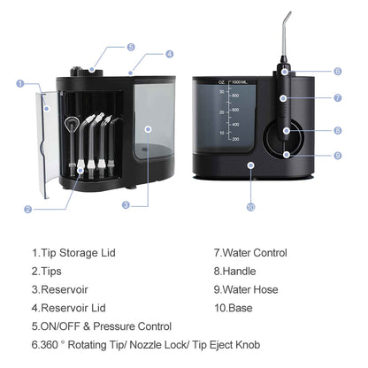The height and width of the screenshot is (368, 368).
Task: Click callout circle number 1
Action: pyautogui.click(x=20, y=83)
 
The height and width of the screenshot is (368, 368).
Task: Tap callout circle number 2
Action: pyautogui.click(x=28, y=210)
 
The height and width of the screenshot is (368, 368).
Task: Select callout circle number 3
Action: pyautogui.click(x=126, y=204)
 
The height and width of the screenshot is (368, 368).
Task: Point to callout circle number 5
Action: pyautogui.click(x=131, y=47)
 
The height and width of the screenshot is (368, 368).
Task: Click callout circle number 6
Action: pyautogui.click(x=337, y=72)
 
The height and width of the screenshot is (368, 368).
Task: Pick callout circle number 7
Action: pyautogui.click(x=337, y=98)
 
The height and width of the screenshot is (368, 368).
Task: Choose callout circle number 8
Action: pyautogui.click(x=337, y=130)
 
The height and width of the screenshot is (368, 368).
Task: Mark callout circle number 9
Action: pyautogui.click(x=337, y=156)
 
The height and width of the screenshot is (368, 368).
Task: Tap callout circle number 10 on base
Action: pyautogui.click(x=250, y=207)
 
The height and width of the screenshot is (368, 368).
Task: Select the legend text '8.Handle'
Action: pyautogui.click(x=234, y=271)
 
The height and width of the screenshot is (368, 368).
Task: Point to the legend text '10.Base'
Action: pyautogui.click(x=234, y=308)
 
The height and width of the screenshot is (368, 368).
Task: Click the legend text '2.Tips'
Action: pyautogui.click(x=46, y=271)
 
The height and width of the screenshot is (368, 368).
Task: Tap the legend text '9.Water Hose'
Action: pyautogui.click(x=247, y=289)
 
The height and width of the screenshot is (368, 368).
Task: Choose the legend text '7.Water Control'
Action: pyautogui.click(x=250, y=253)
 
